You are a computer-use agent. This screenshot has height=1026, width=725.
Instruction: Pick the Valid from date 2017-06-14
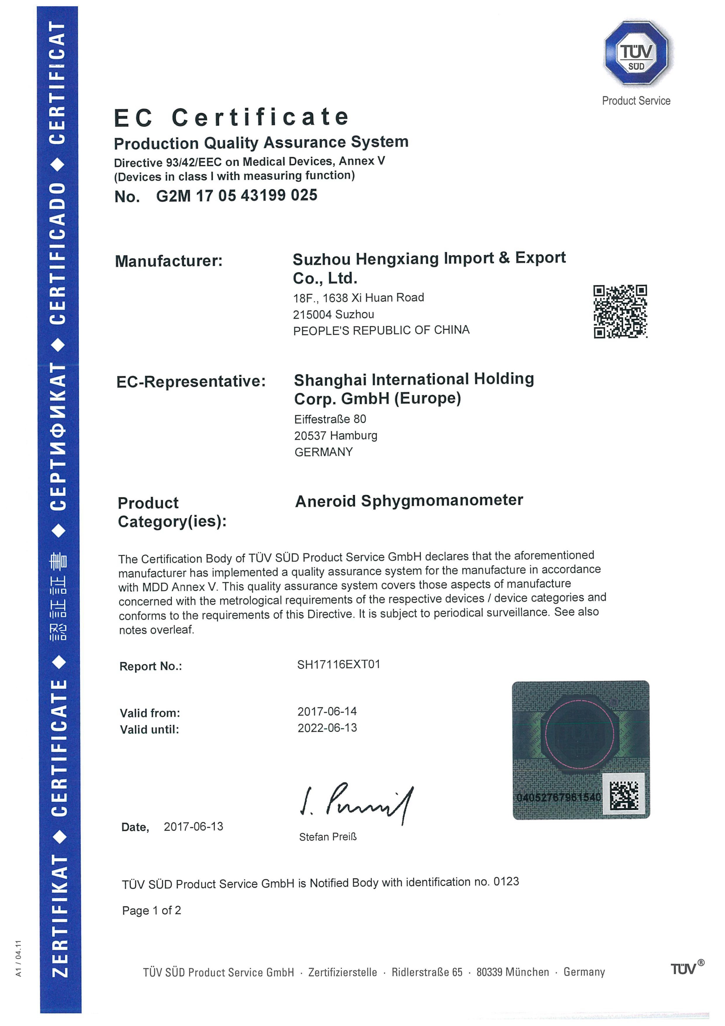coord(327,711)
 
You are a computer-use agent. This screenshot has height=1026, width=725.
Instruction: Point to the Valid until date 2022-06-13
coord(327,728)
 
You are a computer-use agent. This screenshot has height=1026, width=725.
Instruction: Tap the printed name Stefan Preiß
coord(328,836)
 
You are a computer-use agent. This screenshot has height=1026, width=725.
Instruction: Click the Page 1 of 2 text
coord(151,911)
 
